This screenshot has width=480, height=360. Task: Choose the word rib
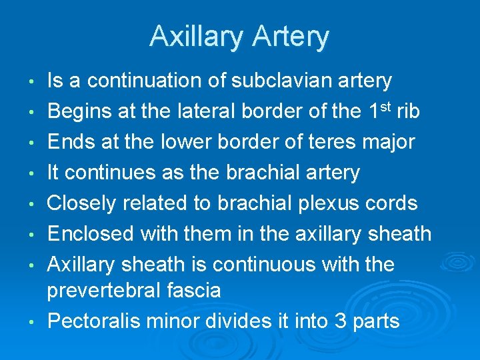point(408,111)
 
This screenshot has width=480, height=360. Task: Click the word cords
point(389,203)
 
